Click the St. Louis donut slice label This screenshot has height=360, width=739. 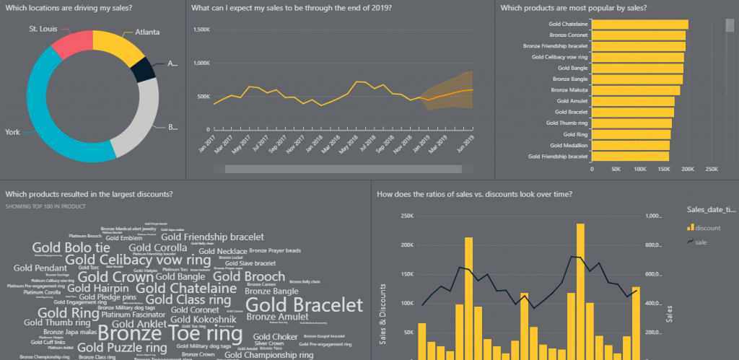coord(43,29)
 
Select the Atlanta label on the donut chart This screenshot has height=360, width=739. coord(147,32)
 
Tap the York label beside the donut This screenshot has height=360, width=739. coord(12,132)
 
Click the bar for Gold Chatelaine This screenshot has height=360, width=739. coord(639,25)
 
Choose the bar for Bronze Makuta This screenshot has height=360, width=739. coord(635,90)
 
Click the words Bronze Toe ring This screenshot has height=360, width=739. coord(170,333)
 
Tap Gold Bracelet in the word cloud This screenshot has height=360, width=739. coord(304,304)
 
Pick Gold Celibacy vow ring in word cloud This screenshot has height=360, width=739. coord(138,260)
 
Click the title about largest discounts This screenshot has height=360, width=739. coord(89,194)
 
